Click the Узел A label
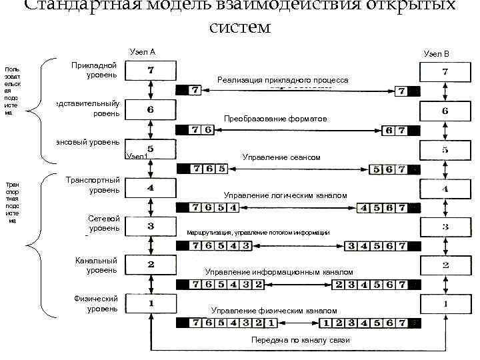pyautogui.click(x=143, y=51)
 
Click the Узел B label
pyautogui.click(x=436, y=53)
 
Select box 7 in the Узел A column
pyautogui.click(x=151, y=69)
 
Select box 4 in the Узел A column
pyautogui.click(x=151, y=188)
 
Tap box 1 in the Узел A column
pyautogui.click(x=151, y=303)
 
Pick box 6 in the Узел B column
pyautogui.click(x=445, y=111)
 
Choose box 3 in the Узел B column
pyautogui.click(x=445, y=227)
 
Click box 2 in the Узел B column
pyautogui.click(x=445, y=265)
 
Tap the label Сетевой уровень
pyautogui.click(x=103, y=223)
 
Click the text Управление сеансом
pyautogui.click(x=282, y=158)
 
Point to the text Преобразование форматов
pyautogui.click(x=275, y=119)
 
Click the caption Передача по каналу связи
pyautogui.click(x=300, y=340)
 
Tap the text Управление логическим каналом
pyautogui.click(x=286, y=195)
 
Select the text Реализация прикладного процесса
pyautogui.click(x=283, y=79)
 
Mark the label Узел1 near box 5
pyautogui.click(x=136, y=156)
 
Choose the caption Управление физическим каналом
pyautogui.click(x=274, y=311)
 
